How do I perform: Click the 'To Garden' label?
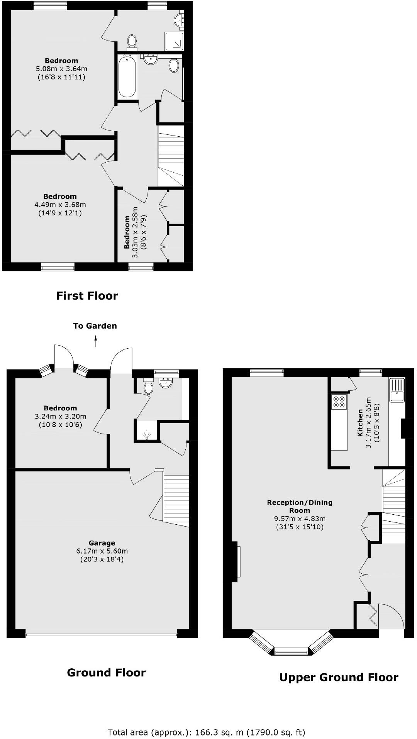[95, 326]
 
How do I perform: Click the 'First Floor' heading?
[87, 296]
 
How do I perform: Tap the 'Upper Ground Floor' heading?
[338, 677]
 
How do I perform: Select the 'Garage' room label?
[102, 543]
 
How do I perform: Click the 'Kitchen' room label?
[360, 423]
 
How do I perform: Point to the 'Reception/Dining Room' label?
[300, 506]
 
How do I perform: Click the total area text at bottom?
[206, 721]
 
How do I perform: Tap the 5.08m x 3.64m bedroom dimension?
[61, 69]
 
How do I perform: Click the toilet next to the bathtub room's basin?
[174, 65]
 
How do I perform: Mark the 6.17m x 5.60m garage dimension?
[102, 551]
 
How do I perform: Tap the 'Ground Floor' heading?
[106, 673]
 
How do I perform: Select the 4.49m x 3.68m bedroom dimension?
[60, 205]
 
